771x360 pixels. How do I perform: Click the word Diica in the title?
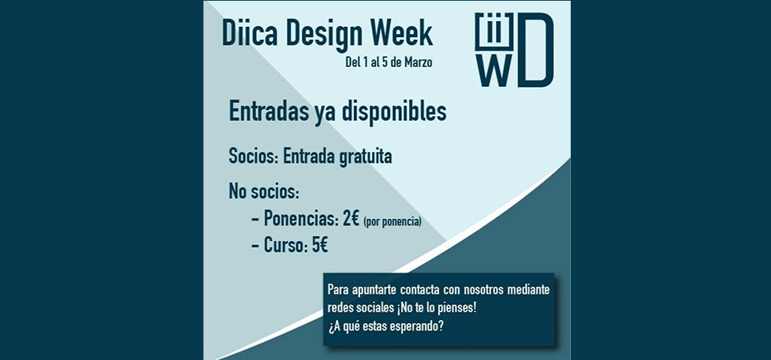click(251, 34)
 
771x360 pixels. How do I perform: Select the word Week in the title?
click(401, 34)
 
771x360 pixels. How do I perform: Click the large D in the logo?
click(535, 50)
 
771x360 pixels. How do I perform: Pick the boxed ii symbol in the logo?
click(494, 32)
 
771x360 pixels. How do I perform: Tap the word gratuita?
click(366, 157)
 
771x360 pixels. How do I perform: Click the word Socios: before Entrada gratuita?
click(254, 157)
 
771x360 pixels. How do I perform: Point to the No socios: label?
click(264, 191)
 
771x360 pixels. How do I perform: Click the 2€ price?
click(351, 218)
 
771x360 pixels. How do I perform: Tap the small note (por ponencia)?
click(392, 222)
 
